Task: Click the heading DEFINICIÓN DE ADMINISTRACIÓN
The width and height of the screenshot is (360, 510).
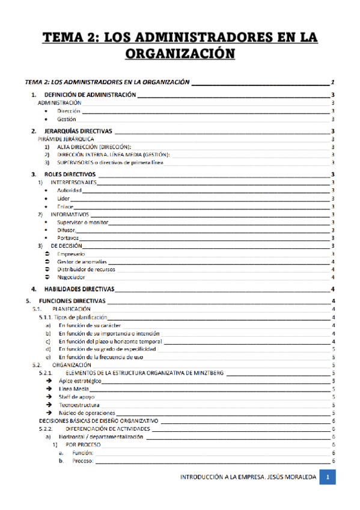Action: (x=90, y=96)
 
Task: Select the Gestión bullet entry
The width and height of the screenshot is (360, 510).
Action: (x=67, y=119)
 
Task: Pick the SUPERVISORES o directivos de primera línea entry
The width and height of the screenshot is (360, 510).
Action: (x=110, y=162)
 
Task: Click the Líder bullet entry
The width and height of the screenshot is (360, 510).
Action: (x=63, y=198)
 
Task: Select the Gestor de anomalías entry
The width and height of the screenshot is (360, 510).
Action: (x=82, y=262)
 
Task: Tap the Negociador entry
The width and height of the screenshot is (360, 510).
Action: (x=70, y=277)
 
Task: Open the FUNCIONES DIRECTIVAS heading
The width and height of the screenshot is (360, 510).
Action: (x=72, y=301)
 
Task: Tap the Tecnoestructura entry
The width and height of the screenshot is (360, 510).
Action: (x=79, y=405)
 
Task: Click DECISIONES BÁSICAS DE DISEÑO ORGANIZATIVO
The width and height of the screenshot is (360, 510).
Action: (x=98, y=421)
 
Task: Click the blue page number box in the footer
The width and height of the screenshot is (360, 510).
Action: (x=328, y=478)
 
